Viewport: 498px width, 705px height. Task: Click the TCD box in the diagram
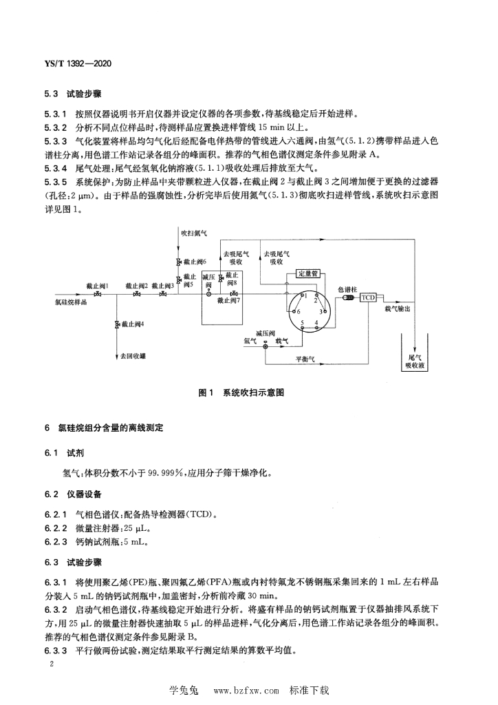point(369,297)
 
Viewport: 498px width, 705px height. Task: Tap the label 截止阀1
point(97,285)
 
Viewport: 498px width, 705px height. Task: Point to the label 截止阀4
point(132,324)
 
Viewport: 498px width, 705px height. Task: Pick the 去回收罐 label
point(133,357)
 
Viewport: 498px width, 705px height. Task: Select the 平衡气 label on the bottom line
point(305,359)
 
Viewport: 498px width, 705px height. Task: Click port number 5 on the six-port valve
point(301,322)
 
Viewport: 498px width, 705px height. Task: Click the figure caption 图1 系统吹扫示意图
point(241,392)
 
